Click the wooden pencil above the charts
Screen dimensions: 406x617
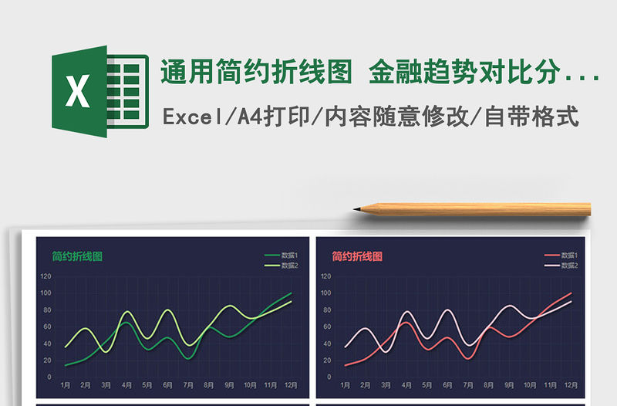pyautogui.click(x=478, y=209)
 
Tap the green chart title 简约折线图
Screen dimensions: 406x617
pyautogui.click(x=77, y=256)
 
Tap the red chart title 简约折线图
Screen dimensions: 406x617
pyautogui.click(x=357, y=256)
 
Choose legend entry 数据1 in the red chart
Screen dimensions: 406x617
pyautogui.click(x=569, y=255)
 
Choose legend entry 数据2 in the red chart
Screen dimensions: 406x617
pyautogui.click(x=569, y=266)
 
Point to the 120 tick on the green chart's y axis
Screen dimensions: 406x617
pyautogui.click(x=46, y=276)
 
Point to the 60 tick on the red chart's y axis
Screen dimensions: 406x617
pyautogui.click(x=327, y=326)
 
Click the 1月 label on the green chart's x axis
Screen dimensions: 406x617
pyautogui.click(x=65, y=384)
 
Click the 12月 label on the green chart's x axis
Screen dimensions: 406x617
pyautogui.click(x=291, y=384)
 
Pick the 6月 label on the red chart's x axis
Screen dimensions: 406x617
pyautogui.click(x=447, y=384)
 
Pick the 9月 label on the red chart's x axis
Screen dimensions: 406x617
pyautogui.click(x=509, y=384)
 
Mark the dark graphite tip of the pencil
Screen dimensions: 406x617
pyautogui.click(x=356, y=208)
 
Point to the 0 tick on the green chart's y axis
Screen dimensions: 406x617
pyautogui.click(x=49, y=377)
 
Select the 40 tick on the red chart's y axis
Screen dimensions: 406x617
pyautogui.click(x=327, y=343)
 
